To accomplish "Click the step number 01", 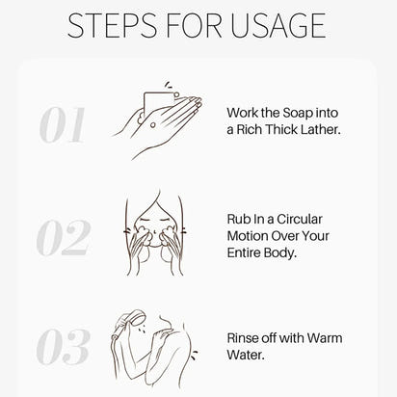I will (x=63, y=126).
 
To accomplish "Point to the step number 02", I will (x=63, y=238).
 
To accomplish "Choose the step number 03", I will (x=63, y=348).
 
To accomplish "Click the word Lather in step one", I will (x=322, y=129).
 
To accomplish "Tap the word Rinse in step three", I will (x=245, y=338).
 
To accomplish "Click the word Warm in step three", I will (x=323, y=338).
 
